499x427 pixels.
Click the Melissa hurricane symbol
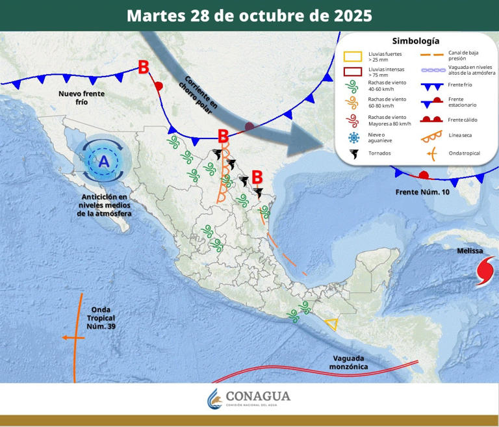[x=486, y=271]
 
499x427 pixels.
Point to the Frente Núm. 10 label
[x=422, y=192]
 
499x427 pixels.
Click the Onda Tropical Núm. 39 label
[x=101, y=318]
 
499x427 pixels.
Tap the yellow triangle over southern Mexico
[x=331, y=324]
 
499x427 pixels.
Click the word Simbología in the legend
[x=416, y=41]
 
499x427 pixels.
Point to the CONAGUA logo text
[x=258, y=396]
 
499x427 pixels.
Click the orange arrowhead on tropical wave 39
[x=65, y=337]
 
